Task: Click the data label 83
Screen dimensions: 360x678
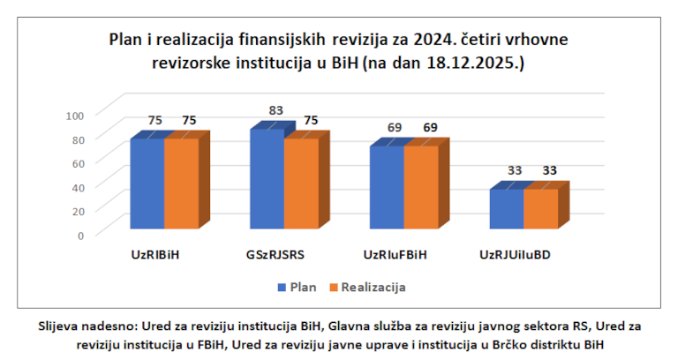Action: [x=275, y=110]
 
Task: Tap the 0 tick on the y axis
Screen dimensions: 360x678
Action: [x=80, y=235]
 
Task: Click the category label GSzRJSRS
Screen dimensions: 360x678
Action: [x=275, y=256]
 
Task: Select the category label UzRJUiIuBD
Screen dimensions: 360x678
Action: [x=516, y=256]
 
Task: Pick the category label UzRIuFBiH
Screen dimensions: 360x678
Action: [x=395, y=256]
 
